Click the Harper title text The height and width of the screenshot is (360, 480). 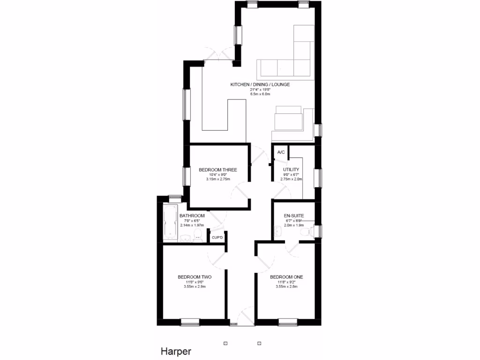pos(176,351)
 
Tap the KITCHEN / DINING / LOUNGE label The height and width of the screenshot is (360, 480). pos(260,85)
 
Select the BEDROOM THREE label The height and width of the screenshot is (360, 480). pos(217,170)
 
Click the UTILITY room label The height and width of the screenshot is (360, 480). pos(291,170)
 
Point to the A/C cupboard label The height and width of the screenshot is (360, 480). pos(281,153)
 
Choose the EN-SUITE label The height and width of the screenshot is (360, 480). pos(294,216)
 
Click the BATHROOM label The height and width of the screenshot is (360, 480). pos(192,216)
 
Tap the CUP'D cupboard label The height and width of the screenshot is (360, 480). pos(217,238)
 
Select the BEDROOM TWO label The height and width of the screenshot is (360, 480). pos(195,277)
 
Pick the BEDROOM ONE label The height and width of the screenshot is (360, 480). pos(286,277)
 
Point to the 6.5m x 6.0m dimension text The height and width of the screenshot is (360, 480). pos(260,94)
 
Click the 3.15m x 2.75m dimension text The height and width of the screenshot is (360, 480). pos(217,179)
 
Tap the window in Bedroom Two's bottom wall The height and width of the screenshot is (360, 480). pos(190,322)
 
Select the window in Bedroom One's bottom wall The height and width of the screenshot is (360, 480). pos(287,322)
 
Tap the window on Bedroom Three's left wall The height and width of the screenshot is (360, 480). pos(186,177)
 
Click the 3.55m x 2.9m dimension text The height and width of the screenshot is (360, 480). pos(195,286)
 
